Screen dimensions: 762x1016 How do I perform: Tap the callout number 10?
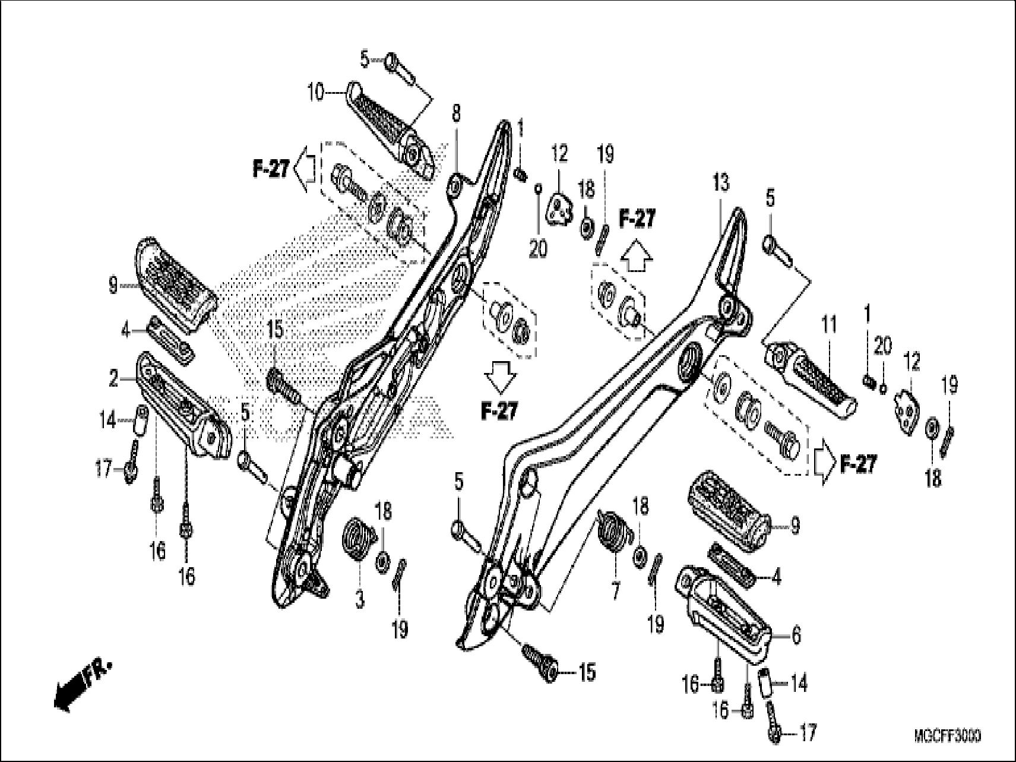click(x=315, y=93)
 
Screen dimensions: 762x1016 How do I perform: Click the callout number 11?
click(x=829, y=325)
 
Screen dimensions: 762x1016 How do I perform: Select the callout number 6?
click(x=796, y=636)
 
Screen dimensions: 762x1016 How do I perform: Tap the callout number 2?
click(x=114, y=379)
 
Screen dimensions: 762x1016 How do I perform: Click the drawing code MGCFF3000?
click(x=948, y=736)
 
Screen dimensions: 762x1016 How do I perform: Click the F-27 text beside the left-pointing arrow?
click(x=271, y=170)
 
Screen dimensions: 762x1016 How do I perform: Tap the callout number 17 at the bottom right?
click(x=808, y=732)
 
